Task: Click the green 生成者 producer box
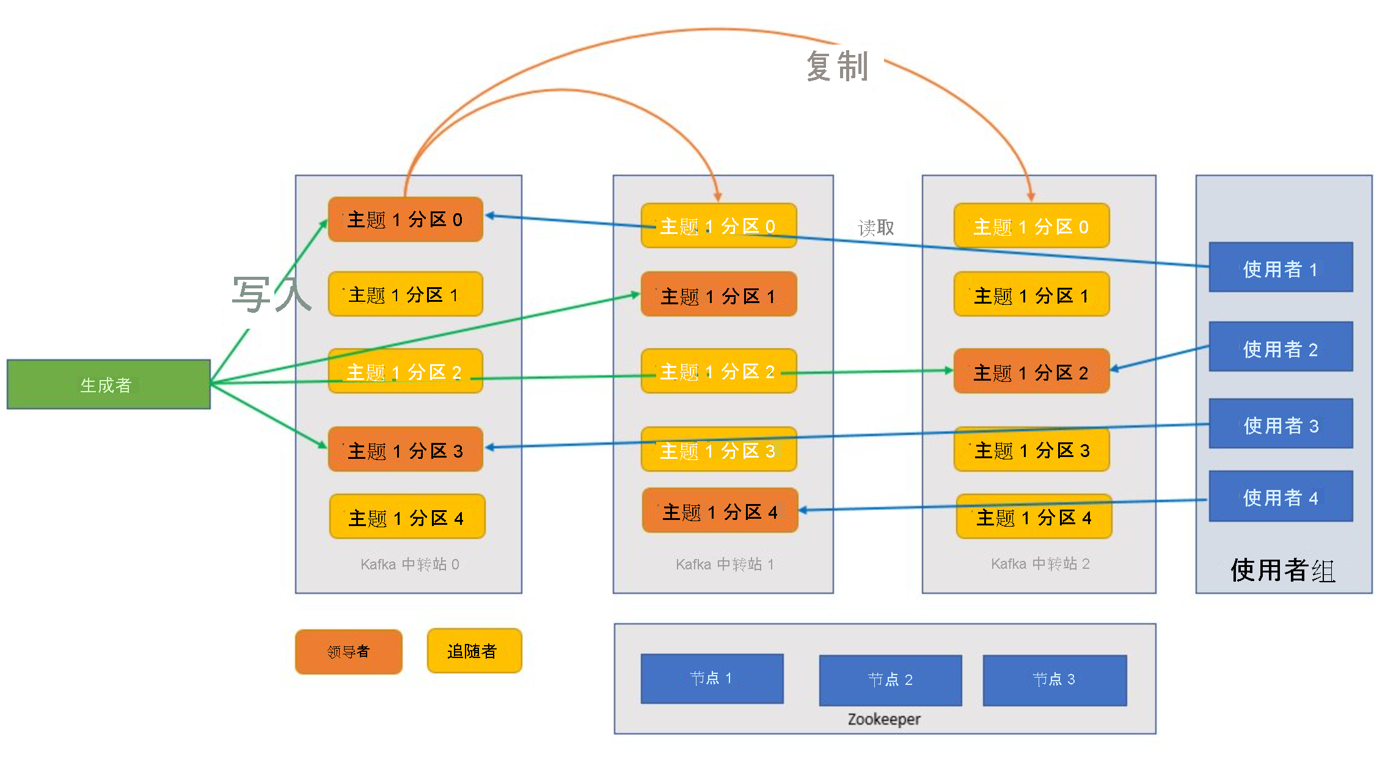pos(108,384)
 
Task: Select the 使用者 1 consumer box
pos(1281,268)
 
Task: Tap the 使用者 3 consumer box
pos(1281,424)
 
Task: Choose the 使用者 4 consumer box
pos(1281,496)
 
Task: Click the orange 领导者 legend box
pos(348,651)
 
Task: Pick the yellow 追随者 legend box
pos(474,651)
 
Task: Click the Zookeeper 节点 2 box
pos(890,679)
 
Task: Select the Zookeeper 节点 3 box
pos(1054,679)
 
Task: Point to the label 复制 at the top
pos(837,66)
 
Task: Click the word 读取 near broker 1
pos(875,228)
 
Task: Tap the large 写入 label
pos(271,294)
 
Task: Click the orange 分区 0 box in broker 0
pos(405,219)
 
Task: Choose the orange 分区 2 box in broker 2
pos(1031,371)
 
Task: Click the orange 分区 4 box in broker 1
pos(720,510)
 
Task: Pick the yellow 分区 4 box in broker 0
pos(407,517)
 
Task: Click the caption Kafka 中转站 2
pos(1040,563)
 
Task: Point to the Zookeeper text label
pos(884,719)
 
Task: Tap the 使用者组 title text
pos(1283,570)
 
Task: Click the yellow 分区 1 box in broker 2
pos(1031,294)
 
